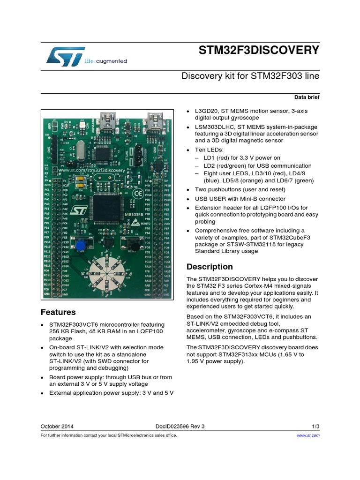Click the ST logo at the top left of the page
pos(65,56)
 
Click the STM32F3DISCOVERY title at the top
pos(259,50)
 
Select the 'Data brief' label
pos(307,97)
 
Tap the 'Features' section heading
pos(58,312)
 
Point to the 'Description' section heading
pos(210,267)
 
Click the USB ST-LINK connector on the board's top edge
pos(104,117)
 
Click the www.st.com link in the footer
pos(308,435)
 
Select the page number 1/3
pos(315,427)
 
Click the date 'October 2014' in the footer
pos(57,427)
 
